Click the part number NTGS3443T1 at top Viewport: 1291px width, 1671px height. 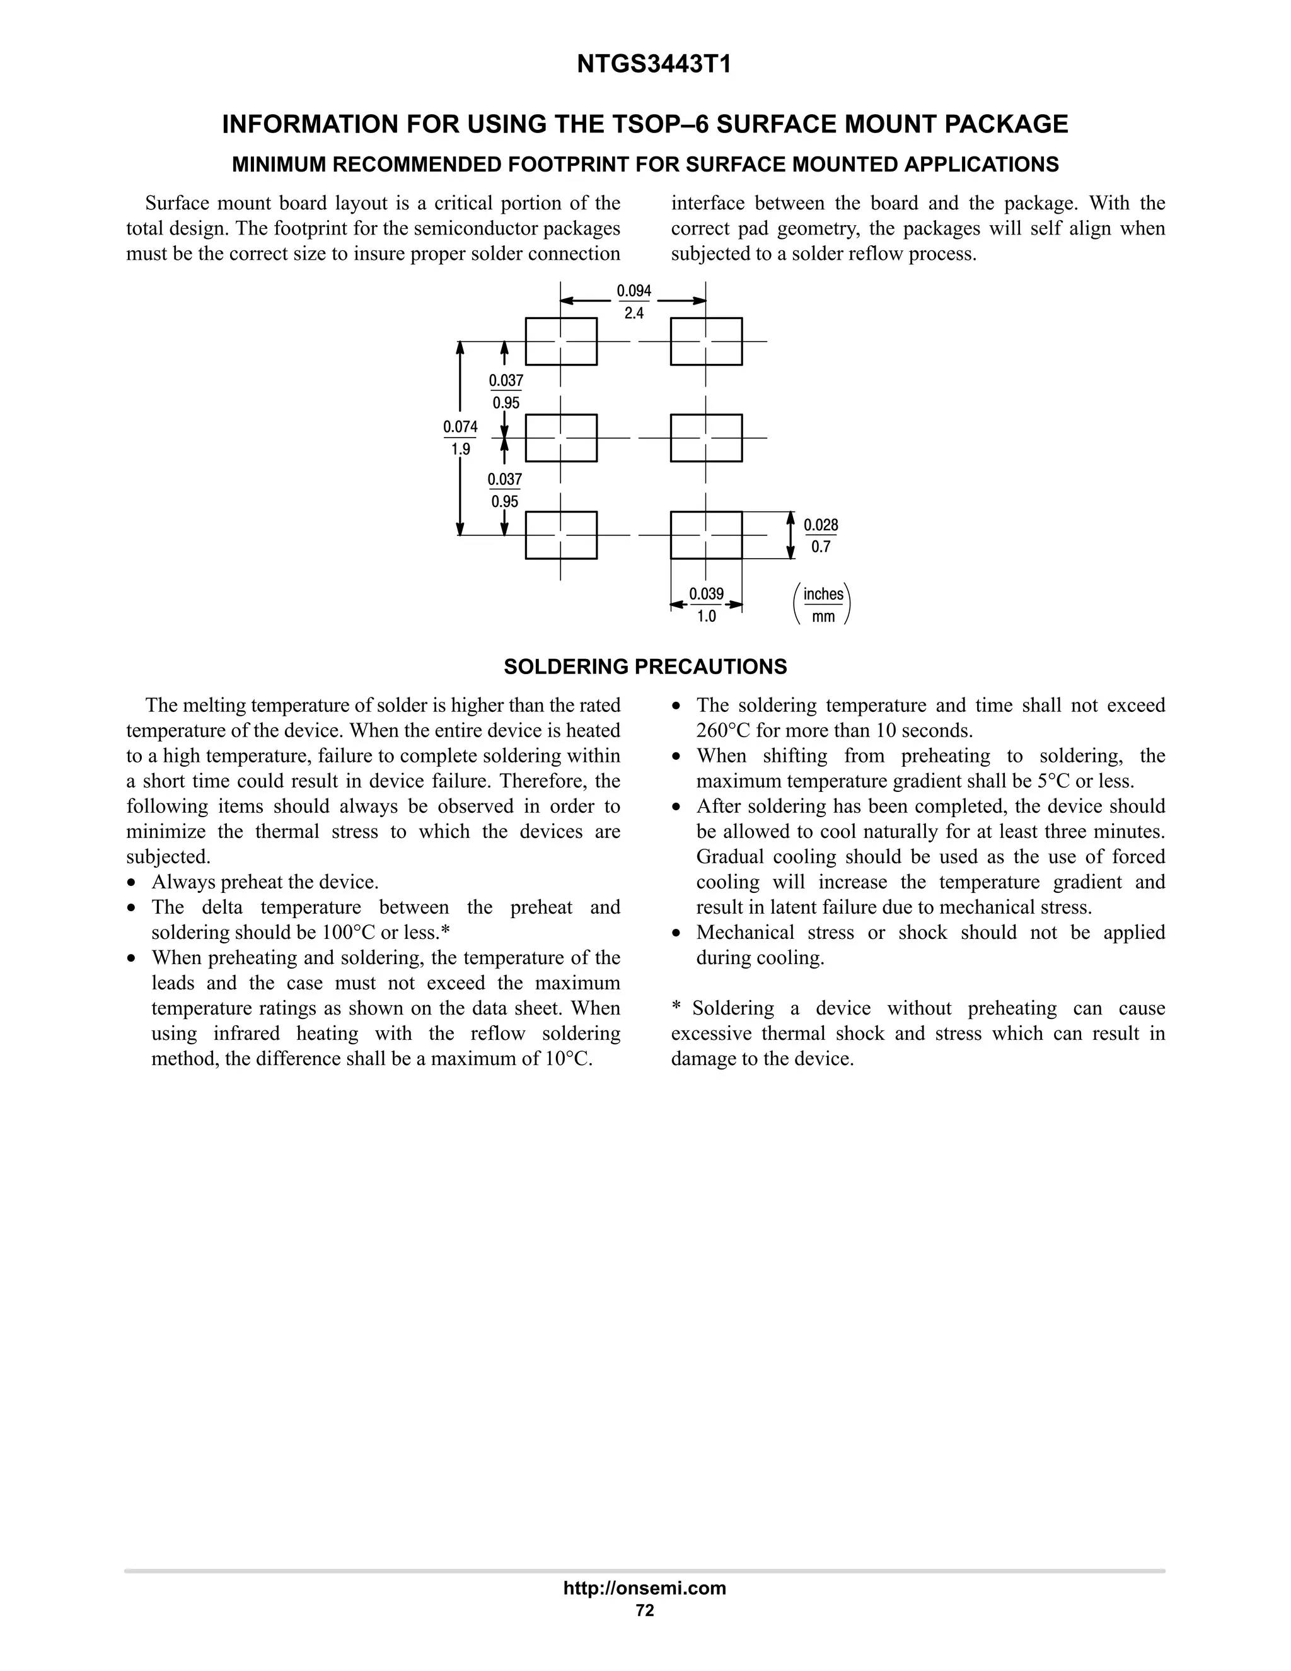tap(654, 65)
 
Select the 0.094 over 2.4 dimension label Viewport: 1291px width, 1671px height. tap(634, 301)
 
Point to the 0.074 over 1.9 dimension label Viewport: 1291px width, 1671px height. tap(460, 438)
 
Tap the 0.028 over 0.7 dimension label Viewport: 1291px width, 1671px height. tap(821, 535)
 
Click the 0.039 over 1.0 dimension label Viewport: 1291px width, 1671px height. tap(706, 605)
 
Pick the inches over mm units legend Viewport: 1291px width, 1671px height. tap(823, 605)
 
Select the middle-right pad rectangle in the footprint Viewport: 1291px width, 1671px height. tap(706, 438)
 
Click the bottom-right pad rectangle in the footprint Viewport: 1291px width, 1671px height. tap(706, 535)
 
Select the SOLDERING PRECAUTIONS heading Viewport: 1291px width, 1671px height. tap(645, 667)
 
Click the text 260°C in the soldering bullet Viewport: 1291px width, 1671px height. tap(724, 730)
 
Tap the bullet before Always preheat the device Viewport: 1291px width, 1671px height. tap(133, 882)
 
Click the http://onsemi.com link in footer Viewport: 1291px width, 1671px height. tap(644, 1588)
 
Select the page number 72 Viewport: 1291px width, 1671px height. tap(645, 1610)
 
